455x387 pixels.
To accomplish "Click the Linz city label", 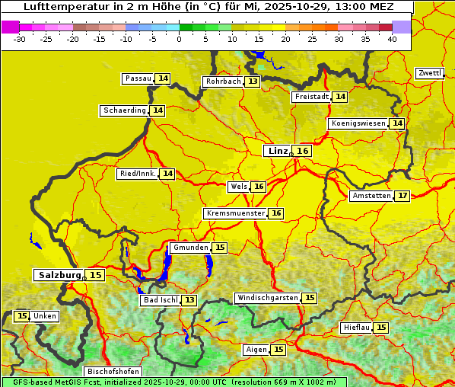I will coord(277,151).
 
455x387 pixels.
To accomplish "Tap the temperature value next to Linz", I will coord(303,151).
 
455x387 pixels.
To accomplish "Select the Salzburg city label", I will coord(59,275).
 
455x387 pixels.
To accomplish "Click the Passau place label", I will coord(138,78).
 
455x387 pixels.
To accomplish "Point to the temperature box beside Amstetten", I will coord(402,196).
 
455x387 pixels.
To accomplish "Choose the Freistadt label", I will coord(311,97).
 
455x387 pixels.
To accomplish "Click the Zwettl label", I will coord(429,73).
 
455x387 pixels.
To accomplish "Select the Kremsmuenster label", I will coord(235,213).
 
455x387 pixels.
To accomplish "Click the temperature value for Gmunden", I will coord(220,248).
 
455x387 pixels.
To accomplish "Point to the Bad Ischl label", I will coord(160,300).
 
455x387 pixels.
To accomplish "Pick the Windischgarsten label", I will coord(267,298).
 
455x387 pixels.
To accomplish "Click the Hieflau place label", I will coord(356,328).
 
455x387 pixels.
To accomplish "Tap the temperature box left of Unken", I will coord(21,316).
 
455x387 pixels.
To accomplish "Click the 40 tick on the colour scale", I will coord(392,39).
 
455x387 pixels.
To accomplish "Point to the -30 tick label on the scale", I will coord(19,39).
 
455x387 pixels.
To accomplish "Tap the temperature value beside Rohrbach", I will coord(253,82).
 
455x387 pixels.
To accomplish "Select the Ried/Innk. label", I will coord(138,174).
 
